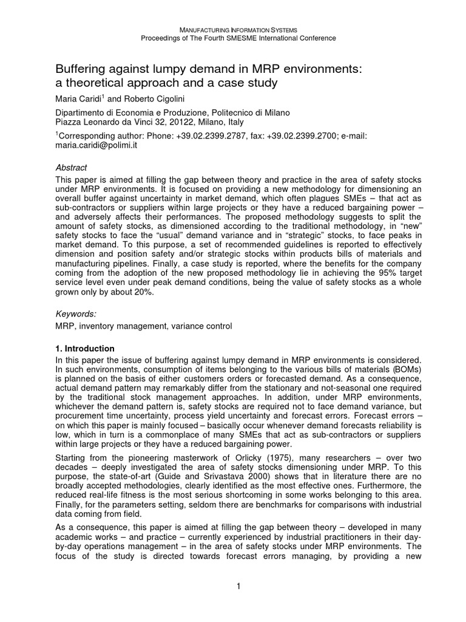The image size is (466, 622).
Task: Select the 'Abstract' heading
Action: click(x=71, y=168)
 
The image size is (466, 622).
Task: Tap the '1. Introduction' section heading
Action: click(x=85, y=349)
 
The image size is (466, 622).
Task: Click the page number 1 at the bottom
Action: click(x=238, y=585)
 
